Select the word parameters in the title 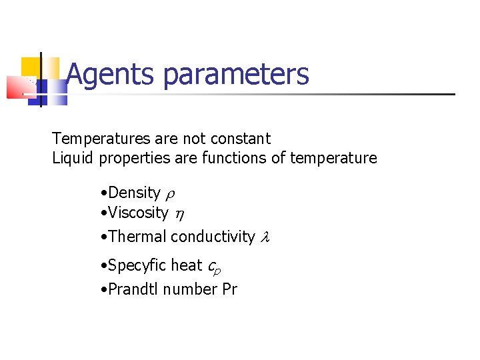[236, 75]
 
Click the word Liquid [73, 158]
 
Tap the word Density [134, 193]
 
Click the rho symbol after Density [170, 194]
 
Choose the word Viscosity [138, 213]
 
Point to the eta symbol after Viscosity [179, 215]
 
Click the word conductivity [213, 237]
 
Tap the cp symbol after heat [214, 267]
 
